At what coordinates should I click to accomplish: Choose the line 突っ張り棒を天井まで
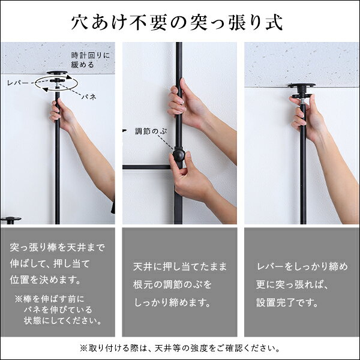tap(58, 247)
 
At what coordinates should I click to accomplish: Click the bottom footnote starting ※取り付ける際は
tap(180, 347)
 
